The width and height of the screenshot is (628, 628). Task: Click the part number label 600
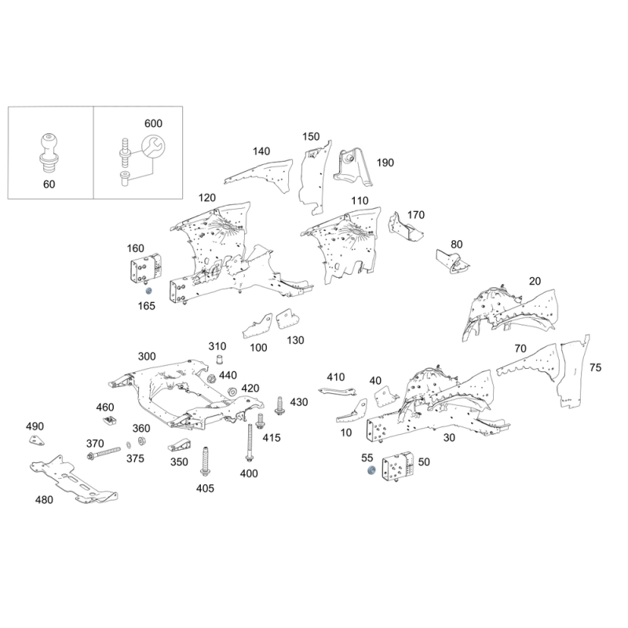(x=153, y=123)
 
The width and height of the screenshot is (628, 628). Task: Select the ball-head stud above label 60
(x=49, y=154)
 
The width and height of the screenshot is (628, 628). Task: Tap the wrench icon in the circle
(x=153, y=146)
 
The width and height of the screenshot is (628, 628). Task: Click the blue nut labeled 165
(x=148, y=290)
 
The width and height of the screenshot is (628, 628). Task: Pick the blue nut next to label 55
(x=371, y=470)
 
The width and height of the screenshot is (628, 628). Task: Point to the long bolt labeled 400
(x=250, y=444)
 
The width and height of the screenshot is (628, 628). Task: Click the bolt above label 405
(x=205, y=461)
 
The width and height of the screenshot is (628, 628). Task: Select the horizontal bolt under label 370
(x=104, y=453)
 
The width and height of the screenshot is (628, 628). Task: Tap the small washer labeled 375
(x=128, y=445)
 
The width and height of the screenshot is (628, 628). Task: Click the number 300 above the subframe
(x=147, y=356)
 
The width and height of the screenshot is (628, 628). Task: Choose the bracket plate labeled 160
(x=145, y=268)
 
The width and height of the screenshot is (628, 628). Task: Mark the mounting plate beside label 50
(x=398, y=467)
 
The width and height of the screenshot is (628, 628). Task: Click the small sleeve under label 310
(x=219, y=360)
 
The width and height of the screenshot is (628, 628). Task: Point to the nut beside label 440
(x=211, y=378)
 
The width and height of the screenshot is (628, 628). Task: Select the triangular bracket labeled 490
(x=36, y=440)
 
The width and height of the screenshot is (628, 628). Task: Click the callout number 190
(x=385, y=162)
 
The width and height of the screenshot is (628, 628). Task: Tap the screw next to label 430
(x=279, y=405)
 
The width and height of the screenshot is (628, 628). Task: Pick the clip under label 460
(x=108, y=421)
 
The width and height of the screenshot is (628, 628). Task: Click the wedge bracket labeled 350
(x=179, y=446)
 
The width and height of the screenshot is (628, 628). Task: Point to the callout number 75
(x=596, y=367)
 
